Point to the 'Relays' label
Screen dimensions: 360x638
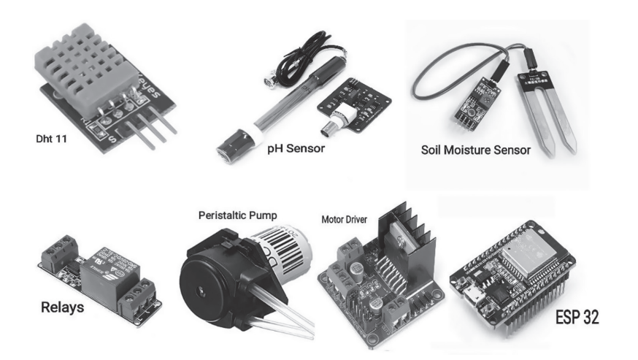pos(61,307)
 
